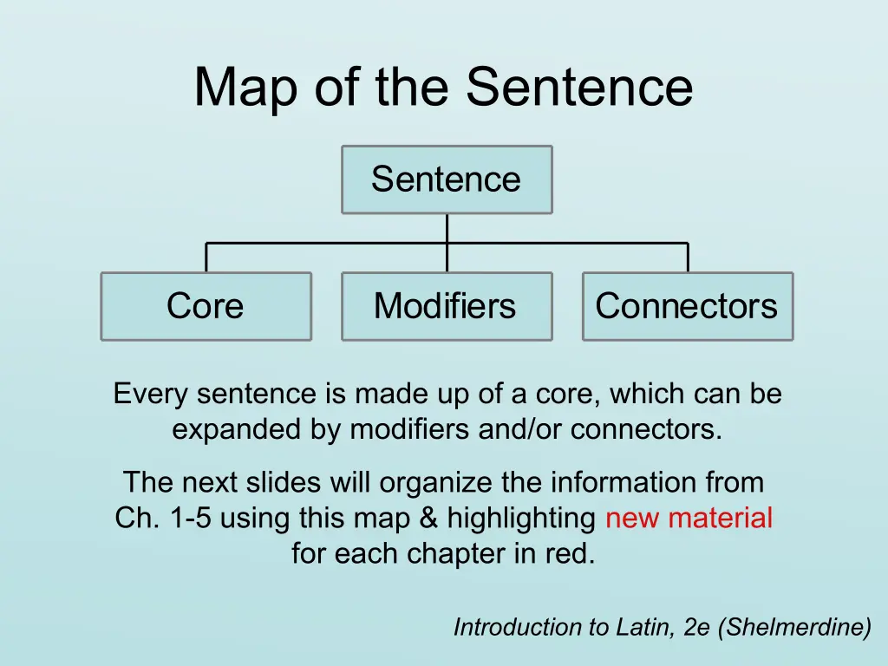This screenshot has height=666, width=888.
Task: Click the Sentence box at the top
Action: click(x=447, y=180)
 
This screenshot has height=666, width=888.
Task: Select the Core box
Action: click(x=206, y=306)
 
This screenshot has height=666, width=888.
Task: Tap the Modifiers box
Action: click(x=447, y=306)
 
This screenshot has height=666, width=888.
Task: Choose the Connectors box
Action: click(x=688, y=306)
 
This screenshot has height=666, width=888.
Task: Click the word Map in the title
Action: click(x=245, y=88)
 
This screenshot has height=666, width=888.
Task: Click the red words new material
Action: click(x=689, y=518)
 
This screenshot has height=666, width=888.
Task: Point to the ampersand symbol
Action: click(x=428, y=518)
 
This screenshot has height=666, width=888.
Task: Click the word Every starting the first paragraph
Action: click(x=151, y=395)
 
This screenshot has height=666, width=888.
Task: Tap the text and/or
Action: click(x=519, y=429)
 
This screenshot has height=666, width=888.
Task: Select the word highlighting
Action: click(x=521, y=519)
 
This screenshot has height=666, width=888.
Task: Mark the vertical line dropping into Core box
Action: click(x=206, y=258)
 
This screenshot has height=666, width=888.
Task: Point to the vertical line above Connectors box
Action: click(x=688, y=258)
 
